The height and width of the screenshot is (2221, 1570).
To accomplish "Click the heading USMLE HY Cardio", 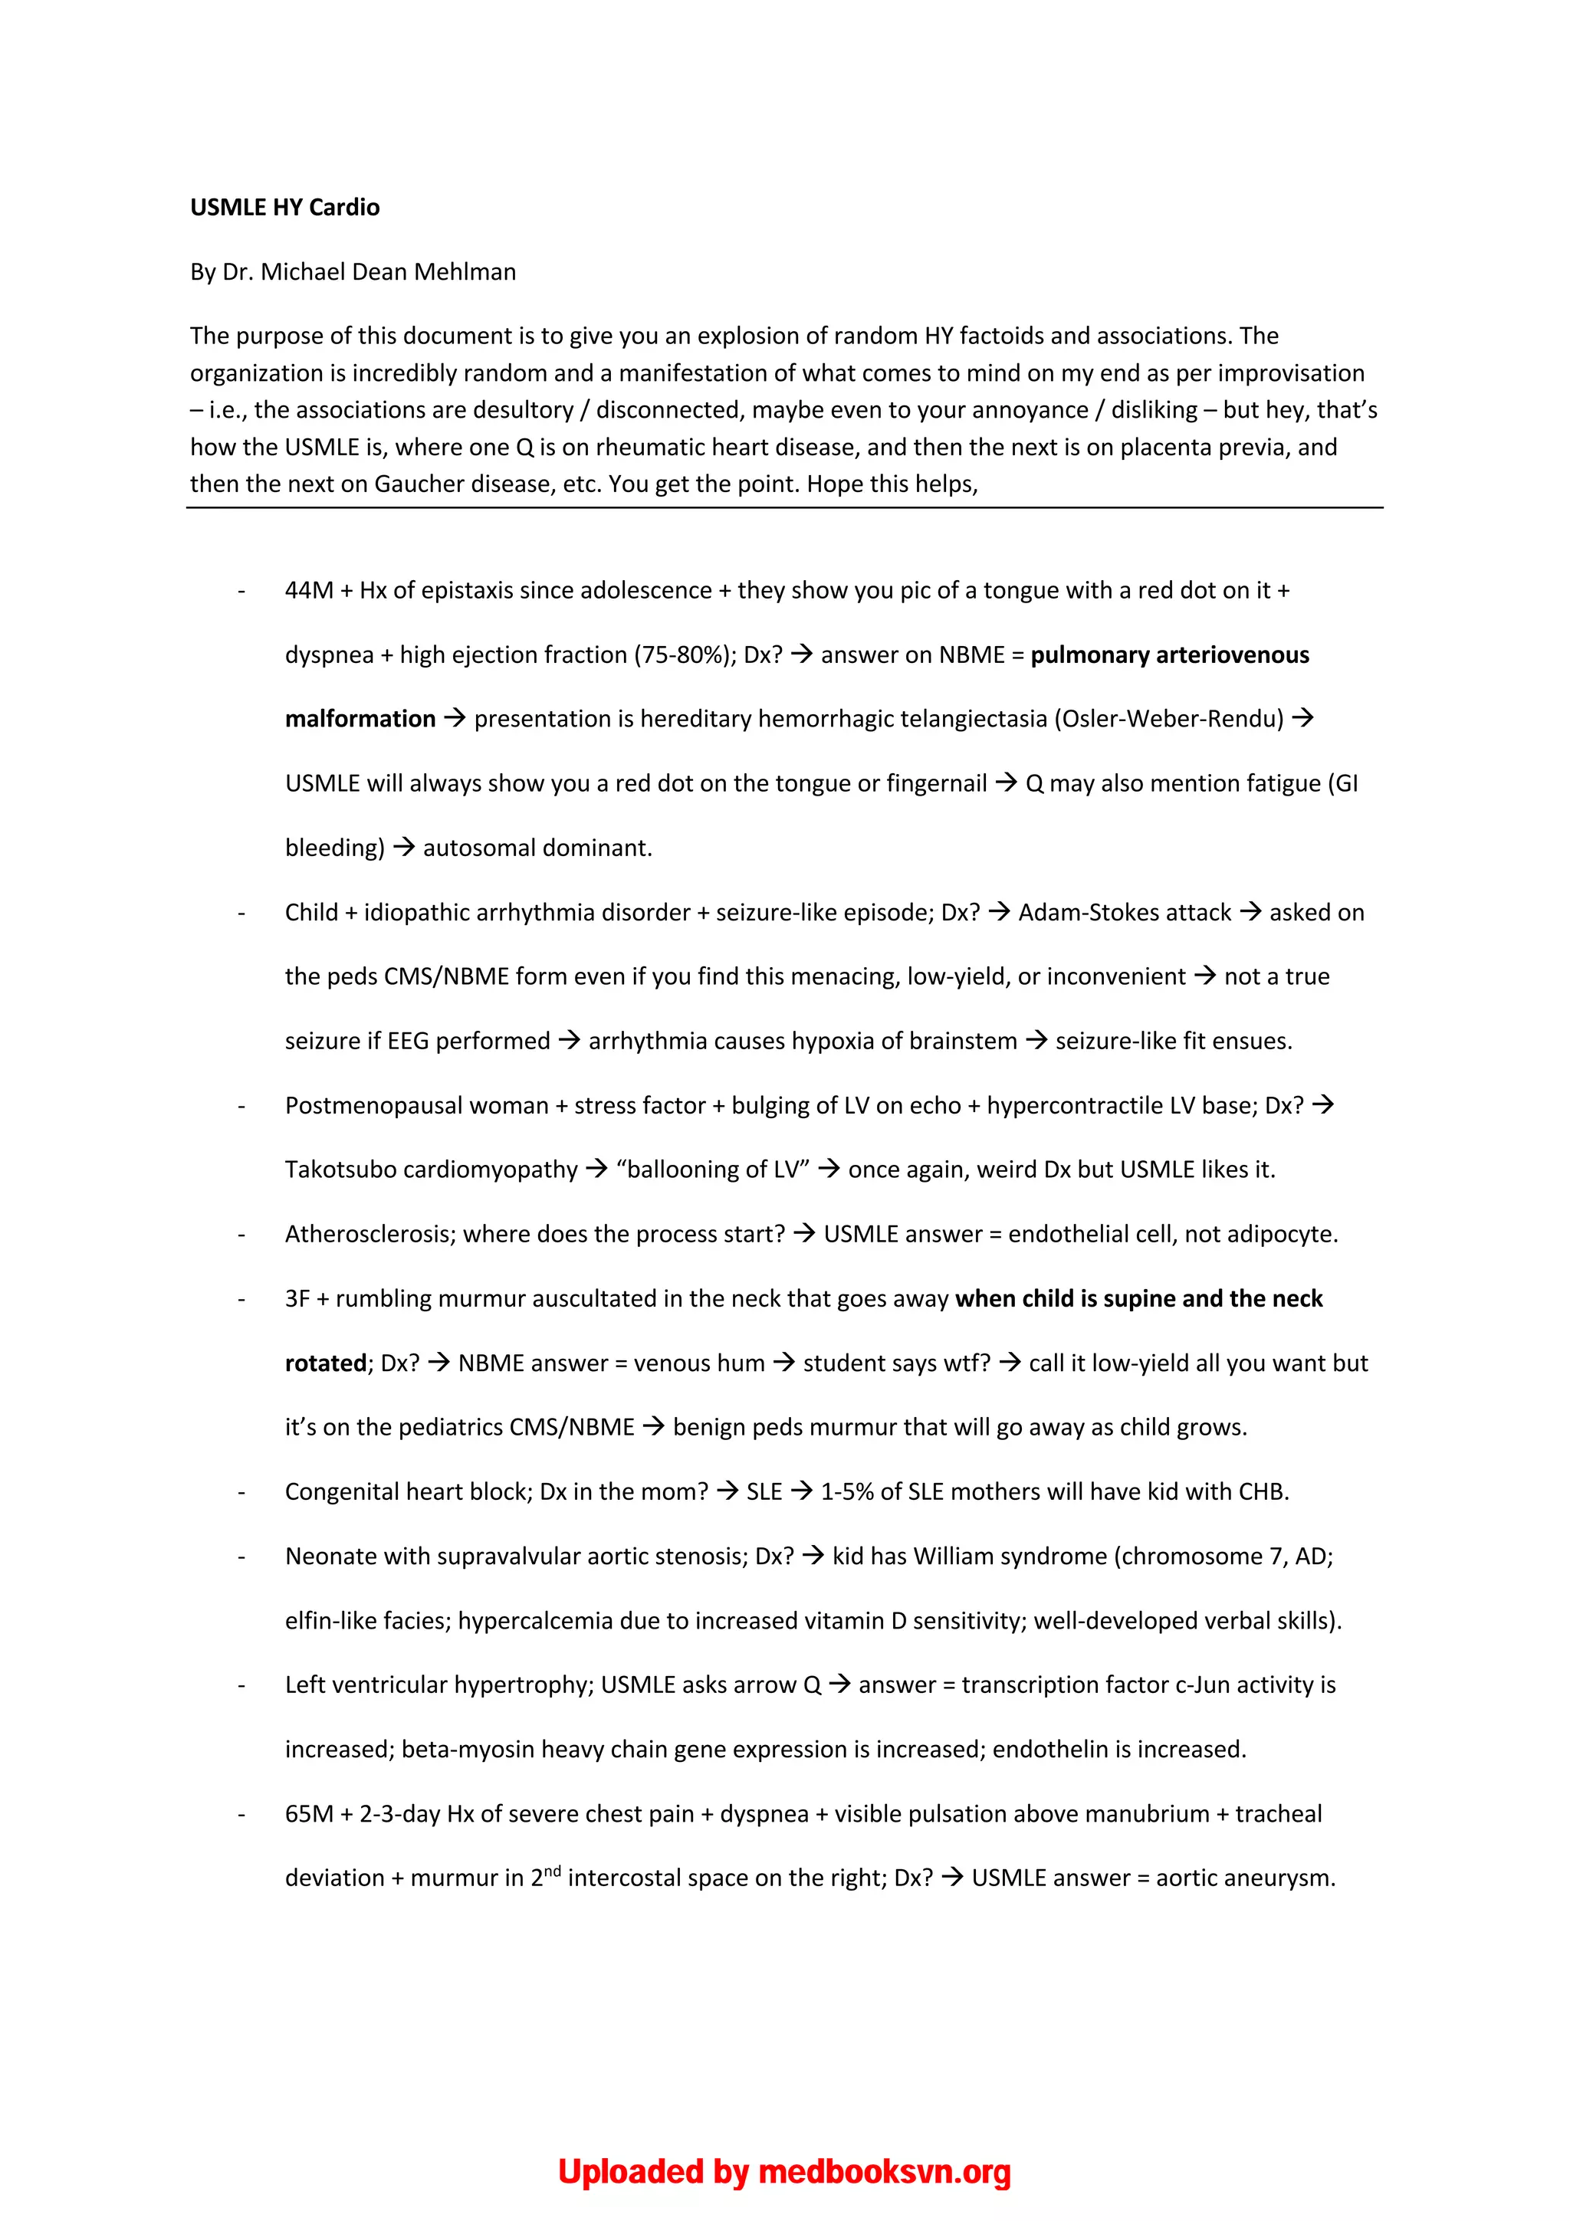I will point(284,207).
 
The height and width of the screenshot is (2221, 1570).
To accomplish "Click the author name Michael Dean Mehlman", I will point(388,272).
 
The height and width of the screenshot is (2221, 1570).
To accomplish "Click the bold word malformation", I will point(360,719).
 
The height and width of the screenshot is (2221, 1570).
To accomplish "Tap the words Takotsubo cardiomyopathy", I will point(431,1170).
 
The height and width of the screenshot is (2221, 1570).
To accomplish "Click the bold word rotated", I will point(325,1363).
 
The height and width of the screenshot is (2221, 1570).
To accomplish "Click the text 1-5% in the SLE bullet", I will point(846,1491).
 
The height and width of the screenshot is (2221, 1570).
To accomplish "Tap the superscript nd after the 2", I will point(551,1870).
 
